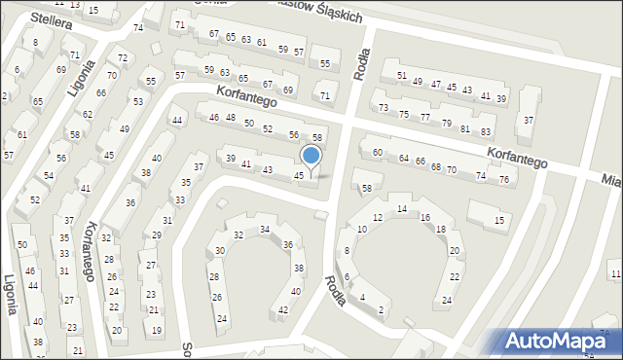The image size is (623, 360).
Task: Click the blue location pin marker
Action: pos(311,156)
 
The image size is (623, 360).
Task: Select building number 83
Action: pos(486,131)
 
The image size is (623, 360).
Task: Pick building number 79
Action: pos(446,124)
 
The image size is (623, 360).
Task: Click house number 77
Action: pos(424,118)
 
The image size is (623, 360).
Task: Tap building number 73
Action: pos(384,107)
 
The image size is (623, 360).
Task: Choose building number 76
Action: pos(504,180)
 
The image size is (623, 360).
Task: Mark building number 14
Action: pos(402,209)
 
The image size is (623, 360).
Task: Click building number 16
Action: pos(425,217)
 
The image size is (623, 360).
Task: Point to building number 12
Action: pos(379,217)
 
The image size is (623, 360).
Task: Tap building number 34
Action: pos(264,230)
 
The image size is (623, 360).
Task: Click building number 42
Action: pos(283,310)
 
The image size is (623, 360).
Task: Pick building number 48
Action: pos(231,118)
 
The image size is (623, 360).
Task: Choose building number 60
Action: pos(377,152)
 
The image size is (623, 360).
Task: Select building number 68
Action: pos(435,166)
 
